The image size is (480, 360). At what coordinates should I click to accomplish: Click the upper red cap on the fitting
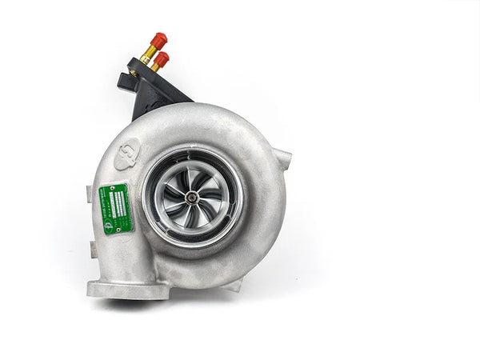coord(158,39)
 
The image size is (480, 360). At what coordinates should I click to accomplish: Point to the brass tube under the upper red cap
coord(149,54)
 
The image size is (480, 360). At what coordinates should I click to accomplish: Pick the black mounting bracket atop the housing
coord(152,88)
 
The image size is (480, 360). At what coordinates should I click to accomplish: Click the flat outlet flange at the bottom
coord(128,288)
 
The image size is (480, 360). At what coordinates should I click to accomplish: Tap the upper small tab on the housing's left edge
coord(89,194)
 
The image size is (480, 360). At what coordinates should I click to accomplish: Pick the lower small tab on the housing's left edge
coord(94,250)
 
